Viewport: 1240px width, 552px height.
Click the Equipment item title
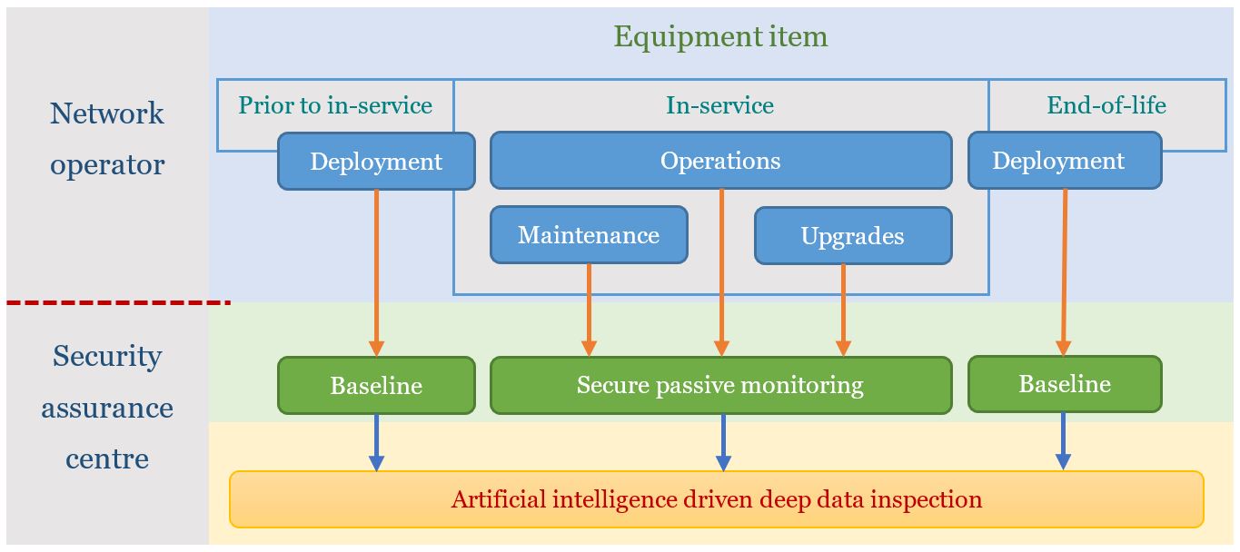[720, 37]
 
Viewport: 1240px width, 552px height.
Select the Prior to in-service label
[334, 105]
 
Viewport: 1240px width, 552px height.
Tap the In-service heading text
[719, 105]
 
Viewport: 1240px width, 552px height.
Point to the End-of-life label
[1106, 105]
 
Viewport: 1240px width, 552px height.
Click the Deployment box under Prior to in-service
[376, 162]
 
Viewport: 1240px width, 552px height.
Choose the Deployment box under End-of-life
[1064, 162]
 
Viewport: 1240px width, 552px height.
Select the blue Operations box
[720, 161]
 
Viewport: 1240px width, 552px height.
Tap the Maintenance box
[589, 235]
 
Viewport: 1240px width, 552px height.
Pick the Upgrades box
[852, 236]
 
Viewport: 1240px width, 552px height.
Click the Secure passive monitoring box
[720, 385]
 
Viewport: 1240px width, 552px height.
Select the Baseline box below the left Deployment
[376, 385]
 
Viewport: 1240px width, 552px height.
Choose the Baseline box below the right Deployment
[1064, 384]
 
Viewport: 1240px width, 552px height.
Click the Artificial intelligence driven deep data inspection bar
[716, 499]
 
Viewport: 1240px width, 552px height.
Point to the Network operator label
[107, 139]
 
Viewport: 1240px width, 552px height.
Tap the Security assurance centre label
[107, 407]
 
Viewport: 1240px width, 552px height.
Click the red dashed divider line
[118, 302]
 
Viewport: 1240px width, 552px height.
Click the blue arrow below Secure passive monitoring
[723, 443]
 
